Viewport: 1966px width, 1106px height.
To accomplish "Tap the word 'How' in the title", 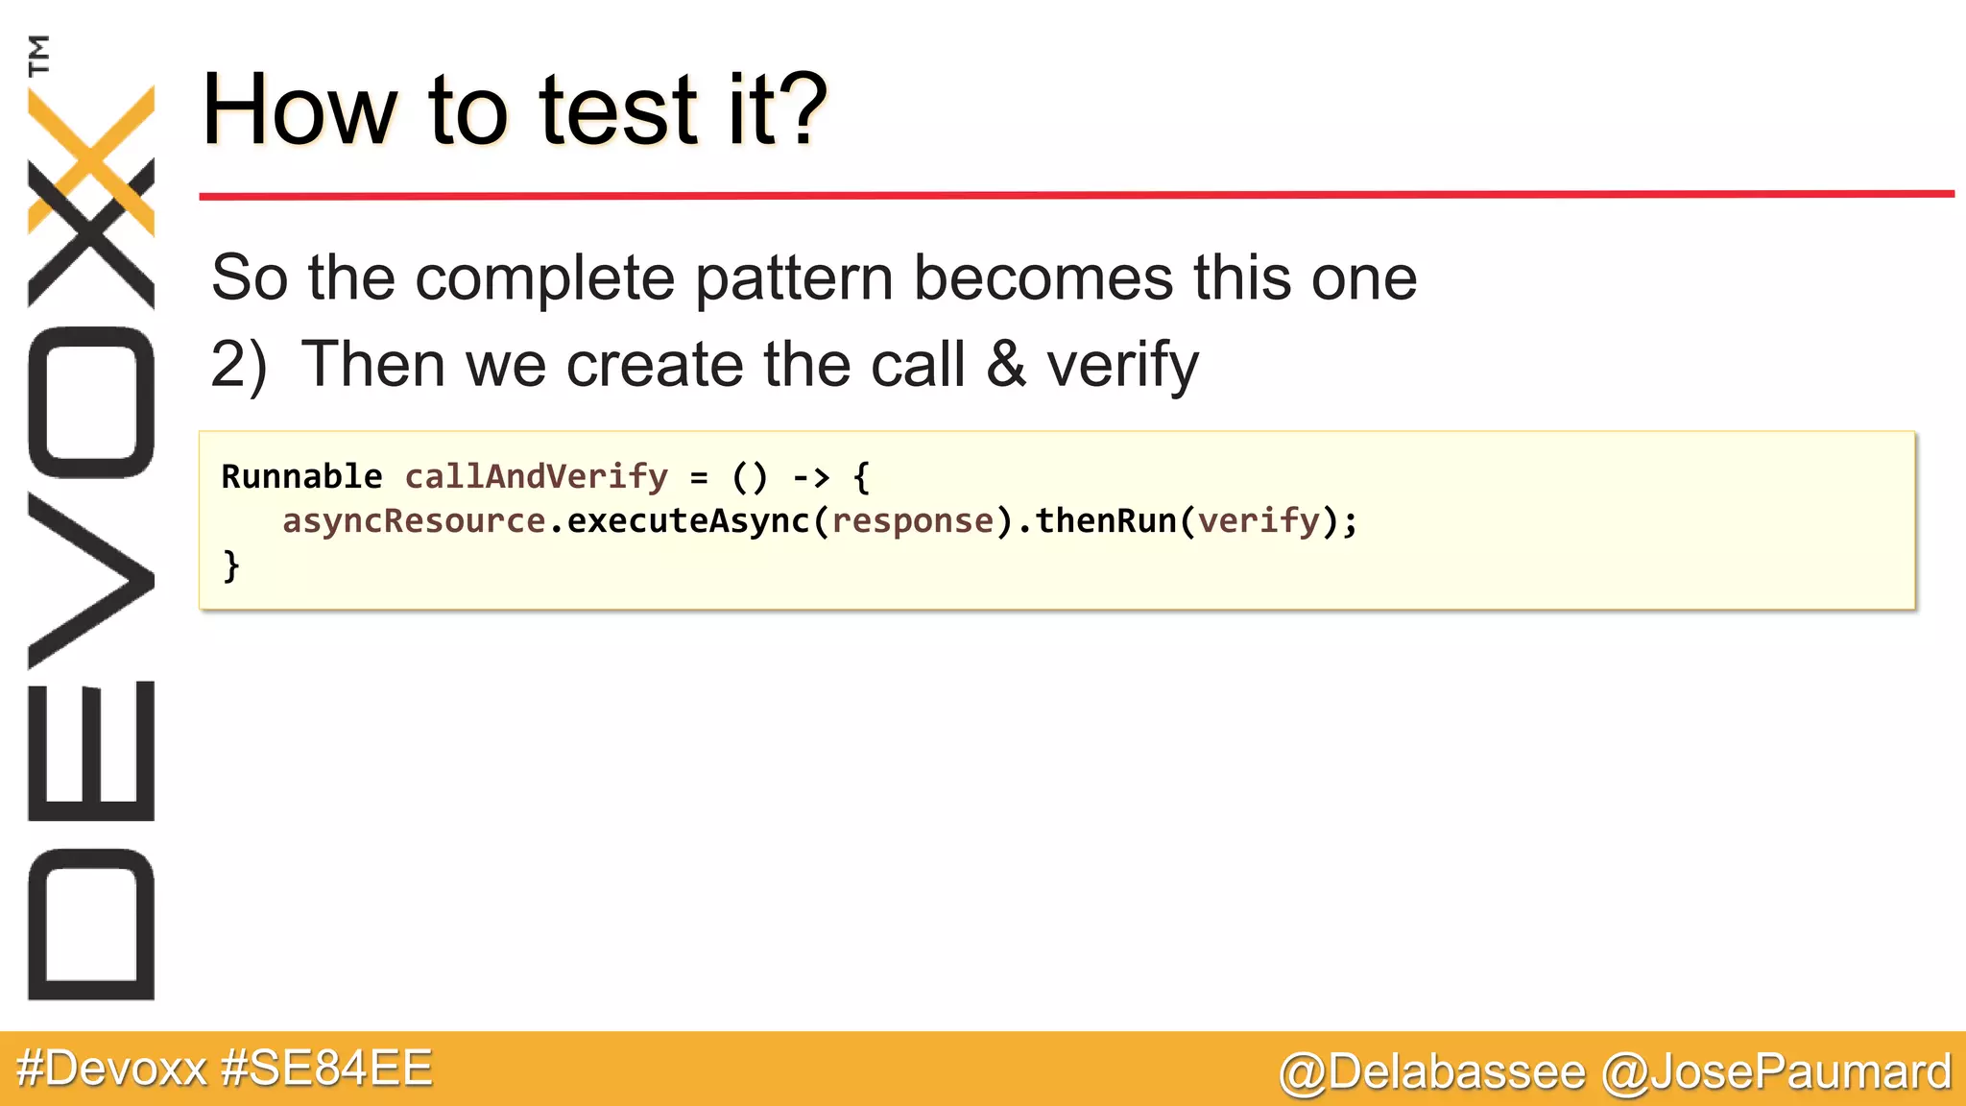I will [x=299, y=110].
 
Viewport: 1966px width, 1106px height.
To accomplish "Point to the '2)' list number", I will [x=239, y=365].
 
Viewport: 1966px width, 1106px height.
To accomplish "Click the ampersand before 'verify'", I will [x=1005, y=365].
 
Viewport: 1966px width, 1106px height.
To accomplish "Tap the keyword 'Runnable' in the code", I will [x=301, y=476].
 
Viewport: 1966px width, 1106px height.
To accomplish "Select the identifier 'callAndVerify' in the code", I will [x=536, y=476].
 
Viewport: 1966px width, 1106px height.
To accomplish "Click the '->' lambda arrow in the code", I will [x=810, y=476].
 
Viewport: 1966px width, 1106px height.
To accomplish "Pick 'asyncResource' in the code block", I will [x=414, y=521].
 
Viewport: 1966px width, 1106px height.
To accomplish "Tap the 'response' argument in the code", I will [x=913, y=521].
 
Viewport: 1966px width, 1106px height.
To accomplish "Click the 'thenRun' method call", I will [x=1105, y=521].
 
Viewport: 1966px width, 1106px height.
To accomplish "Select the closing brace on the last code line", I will [x=230, y=565].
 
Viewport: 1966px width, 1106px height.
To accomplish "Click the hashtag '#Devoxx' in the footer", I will [x=111, y=1069].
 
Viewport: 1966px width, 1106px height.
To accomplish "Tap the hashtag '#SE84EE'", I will [x=326, y=1069].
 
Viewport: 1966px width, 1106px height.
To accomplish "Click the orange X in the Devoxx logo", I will [x=91, y=158].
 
